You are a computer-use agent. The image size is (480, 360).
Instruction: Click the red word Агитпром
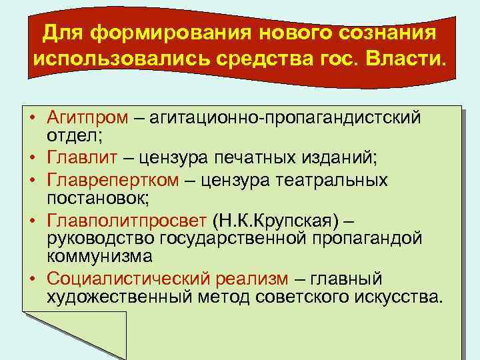(87, 119)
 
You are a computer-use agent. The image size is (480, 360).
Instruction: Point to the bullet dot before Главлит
(31, 159)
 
